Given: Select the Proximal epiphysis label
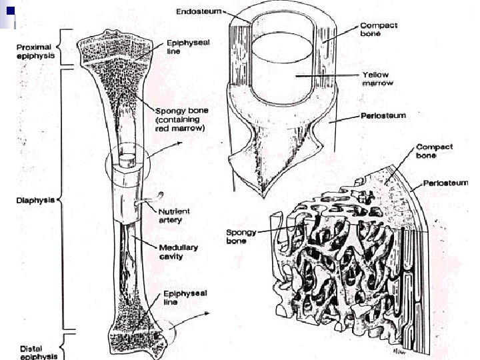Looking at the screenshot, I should [36, 50].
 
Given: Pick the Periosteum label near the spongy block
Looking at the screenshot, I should [445, 183].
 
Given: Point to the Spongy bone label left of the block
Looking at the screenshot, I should [237, 237].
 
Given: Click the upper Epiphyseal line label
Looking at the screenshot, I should [188, 46].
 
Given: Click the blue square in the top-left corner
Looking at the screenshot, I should [7, 11].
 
